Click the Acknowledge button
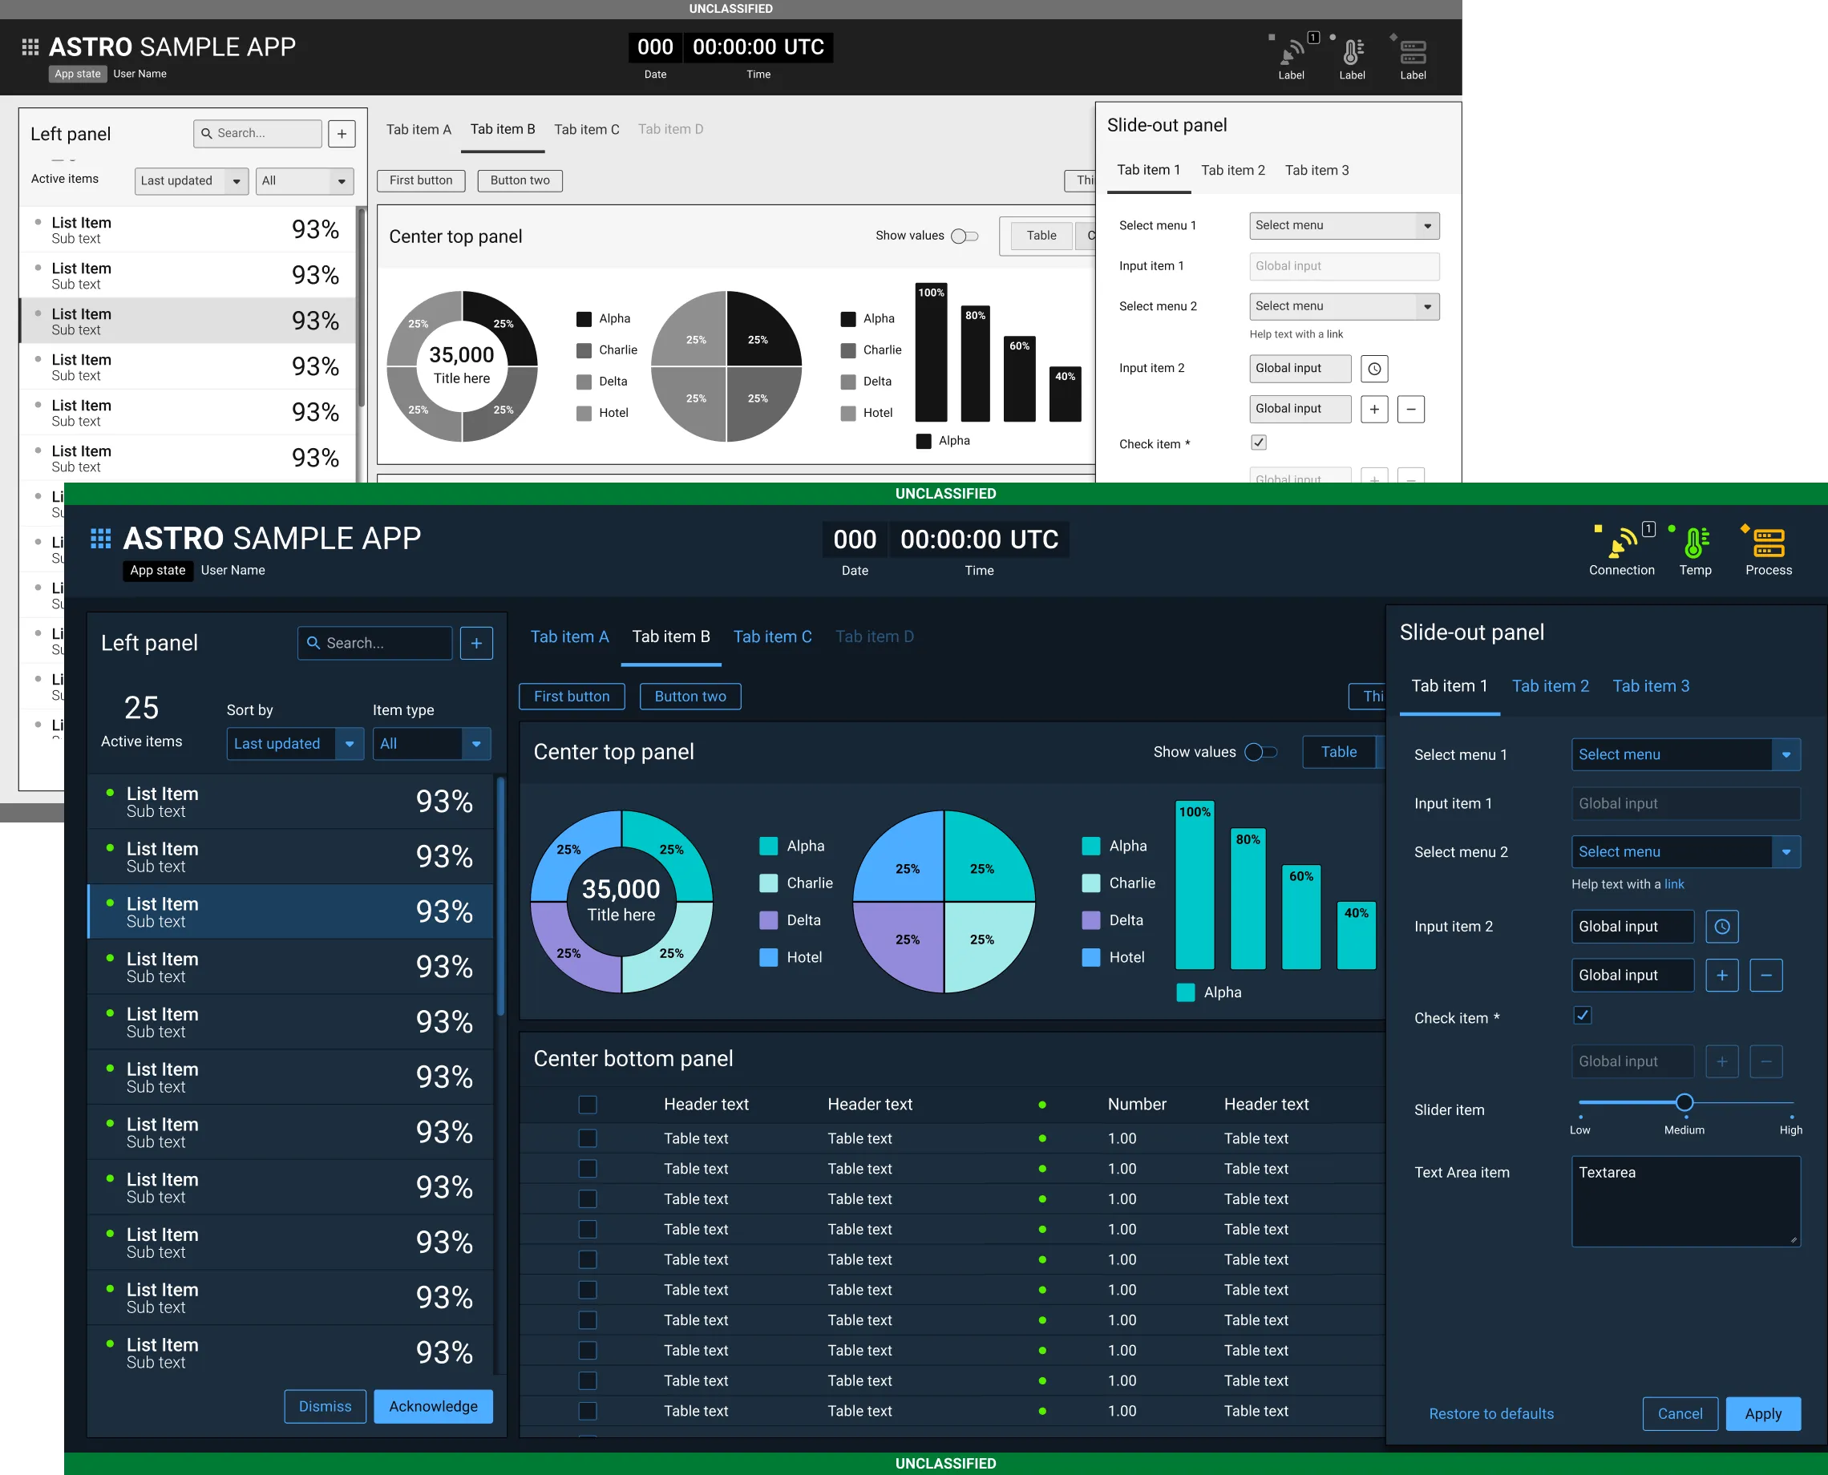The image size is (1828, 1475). tap(433, 1406)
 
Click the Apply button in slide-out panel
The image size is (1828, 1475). tap(1762, 1414)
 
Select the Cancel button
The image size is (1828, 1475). tap(1680, 1414)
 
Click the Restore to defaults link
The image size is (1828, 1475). tap(1490, 1414)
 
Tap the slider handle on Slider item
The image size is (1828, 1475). tap(1684, 1103)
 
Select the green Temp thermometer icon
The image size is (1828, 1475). tap(1695, 542)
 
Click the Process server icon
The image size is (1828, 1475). tap(1768, 542)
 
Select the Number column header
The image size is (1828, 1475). tap(1136, 1104)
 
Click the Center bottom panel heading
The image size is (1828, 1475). tap(633, 1059)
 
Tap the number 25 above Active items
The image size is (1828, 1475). tap(141, 708)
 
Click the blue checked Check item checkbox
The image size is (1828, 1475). tap(1583, 1016)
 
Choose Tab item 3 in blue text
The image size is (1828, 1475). tap(1650, 685)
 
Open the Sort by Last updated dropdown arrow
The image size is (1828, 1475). tap(350, 743)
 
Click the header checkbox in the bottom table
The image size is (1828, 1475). tap(587, 1104)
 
